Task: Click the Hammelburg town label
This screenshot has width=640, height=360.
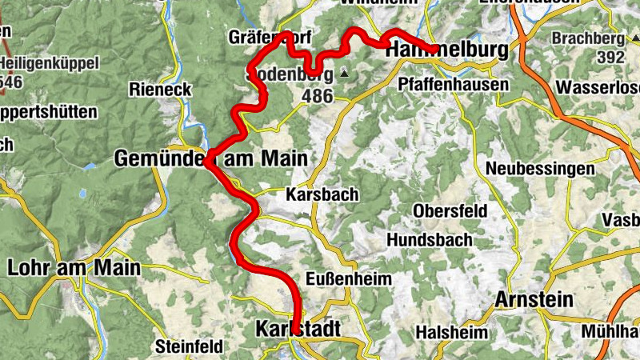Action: click(x=446, y=50)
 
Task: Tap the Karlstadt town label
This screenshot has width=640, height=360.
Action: click(x=298, y=329)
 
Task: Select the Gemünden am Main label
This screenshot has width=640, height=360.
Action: click(x=210, y=158)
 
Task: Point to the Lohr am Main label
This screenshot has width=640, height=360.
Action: click(x=74, y=267)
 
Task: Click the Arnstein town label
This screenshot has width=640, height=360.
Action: click(x=534, y=300)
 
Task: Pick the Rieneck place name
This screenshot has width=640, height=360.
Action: click(x=161, y=90)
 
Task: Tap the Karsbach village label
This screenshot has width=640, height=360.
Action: click(x=322, y=194)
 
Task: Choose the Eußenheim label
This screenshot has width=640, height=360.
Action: click(x=350, y=279)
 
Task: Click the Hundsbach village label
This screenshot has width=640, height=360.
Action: click(x=425, y=239)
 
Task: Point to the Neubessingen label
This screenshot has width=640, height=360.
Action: click(x=540, y=169)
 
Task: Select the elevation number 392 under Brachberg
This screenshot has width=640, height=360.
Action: click(x=610, y=57)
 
